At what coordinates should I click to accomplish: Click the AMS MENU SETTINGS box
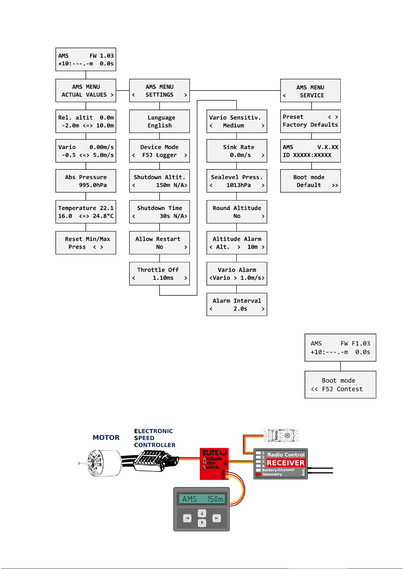tap(159, 90)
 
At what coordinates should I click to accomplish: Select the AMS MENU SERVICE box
tap(310, 91)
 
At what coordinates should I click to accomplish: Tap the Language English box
tap(159, 121)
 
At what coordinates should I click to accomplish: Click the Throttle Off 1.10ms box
tap(159, 274)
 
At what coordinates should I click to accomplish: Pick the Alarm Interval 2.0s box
tap(237, 305)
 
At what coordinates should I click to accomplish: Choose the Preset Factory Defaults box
tap(310, 121)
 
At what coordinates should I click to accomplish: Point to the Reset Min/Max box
tap(86, 243)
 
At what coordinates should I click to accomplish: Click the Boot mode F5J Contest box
tap(340, 385)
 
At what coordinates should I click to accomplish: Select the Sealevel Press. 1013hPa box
tap(237, 181)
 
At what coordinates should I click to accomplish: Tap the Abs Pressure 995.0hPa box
tap(86, 181)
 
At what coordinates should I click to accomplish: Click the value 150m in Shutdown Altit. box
tap(163, 185)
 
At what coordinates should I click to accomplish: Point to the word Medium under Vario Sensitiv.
tap(233, 125)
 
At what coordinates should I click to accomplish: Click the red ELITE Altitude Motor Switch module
tap(214, 464)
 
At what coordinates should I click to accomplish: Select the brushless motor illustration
tap(101, 463)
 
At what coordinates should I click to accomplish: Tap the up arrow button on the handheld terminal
tap(202, 513)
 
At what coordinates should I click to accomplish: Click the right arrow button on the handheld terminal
tap(217, 518)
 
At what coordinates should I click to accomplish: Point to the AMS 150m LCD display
tap(202, 499)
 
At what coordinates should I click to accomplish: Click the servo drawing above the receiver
tap(281, 436)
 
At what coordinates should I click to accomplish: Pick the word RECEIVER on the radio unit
tap(286, 463)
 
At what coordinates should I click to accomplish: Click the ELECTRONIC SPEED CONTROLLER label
tap(155, 438)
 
